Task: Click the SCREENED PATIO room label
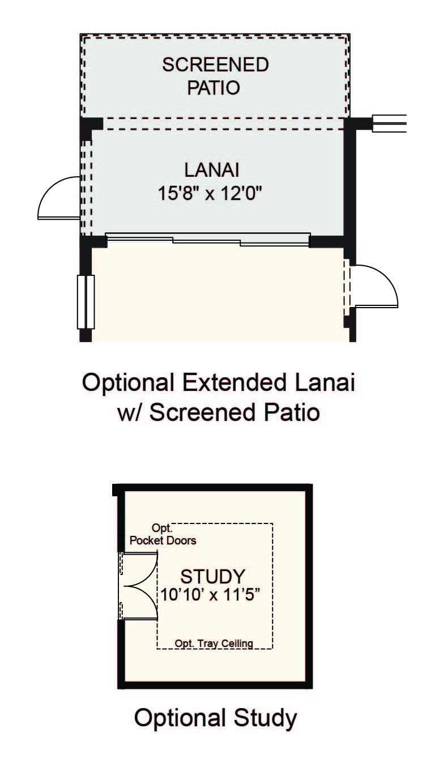coord(215,76)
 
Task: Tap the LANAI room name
coord(212,170)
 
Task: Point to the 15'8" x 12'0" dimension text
coord(210,194)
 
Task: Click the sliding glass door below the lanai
coord(208,240)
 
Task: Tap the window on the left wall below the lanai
coord(86,302)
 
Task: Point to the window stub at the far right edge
coord(389,123)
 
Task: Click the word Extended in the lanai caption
coord(233,383)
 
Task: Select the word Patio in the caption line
coord(292,412)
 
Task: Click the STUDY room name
coord(212,577)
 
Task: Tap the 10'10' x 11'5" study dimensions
coord(211,594)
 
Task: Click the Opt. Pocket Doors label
coord(163,534)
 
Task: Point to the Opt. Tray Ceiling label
coord(214,643)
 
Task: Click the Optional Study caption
coord(216,719)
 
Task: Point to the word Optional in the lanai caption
coord(128,383)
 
